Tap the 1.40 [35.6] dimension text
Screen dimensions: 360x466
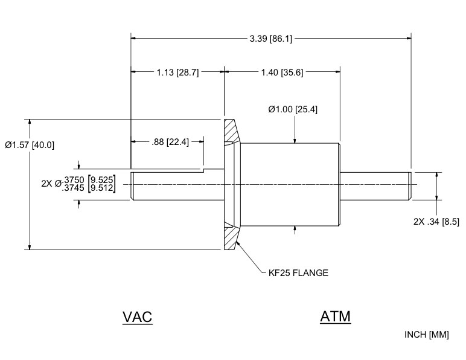[x=282, y=72]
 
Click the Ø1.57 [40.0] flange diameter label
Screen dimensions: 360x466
[x=30, y=145]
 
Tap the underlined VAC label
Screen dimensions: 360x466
[x=138, y=317]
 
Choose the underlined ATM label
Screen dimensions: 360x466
[x=335, y=316]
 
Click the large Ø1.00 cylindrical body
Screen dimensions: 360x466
[x=290, y=184]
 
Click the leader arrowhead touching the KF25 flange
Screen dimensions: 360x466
[x=238, y=243]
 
